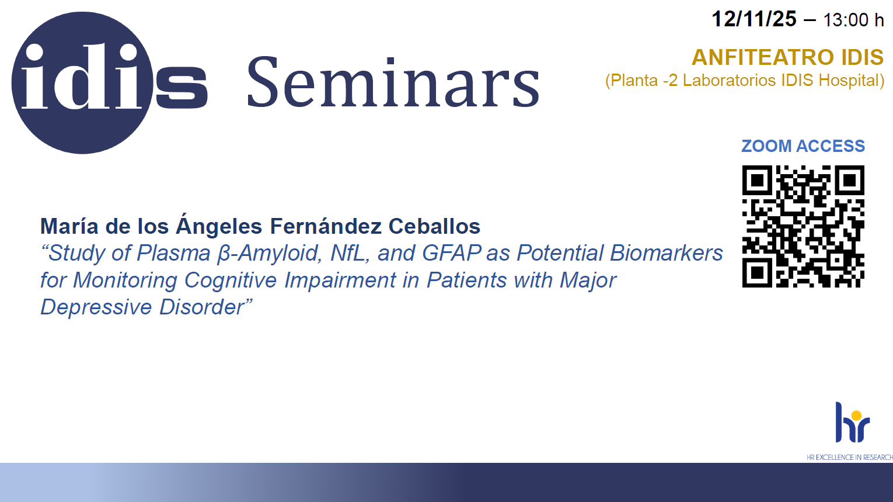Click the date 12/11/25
(x=754, y=19)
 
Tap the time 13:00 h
(x=853, y=20)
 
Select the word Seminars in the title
(x=393, y=82)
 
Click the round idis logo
(x=82, y=82)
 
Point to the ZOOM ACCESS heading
(x=803, y=146)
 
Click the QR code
(x=803, y=226)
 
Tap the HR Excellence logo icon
(x=852, y=423)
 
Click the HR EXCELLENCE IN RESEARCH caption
(x=850, y=458)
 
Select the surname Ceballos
(x=434, y=226)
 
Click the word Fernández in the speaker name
(x=326, y=226)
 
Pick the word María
(x=69, y=226)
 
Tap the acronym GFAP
(x=451, y=253)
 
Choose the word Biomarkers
(x=666, y=253)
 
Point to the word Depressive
(x=96, y=307)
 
